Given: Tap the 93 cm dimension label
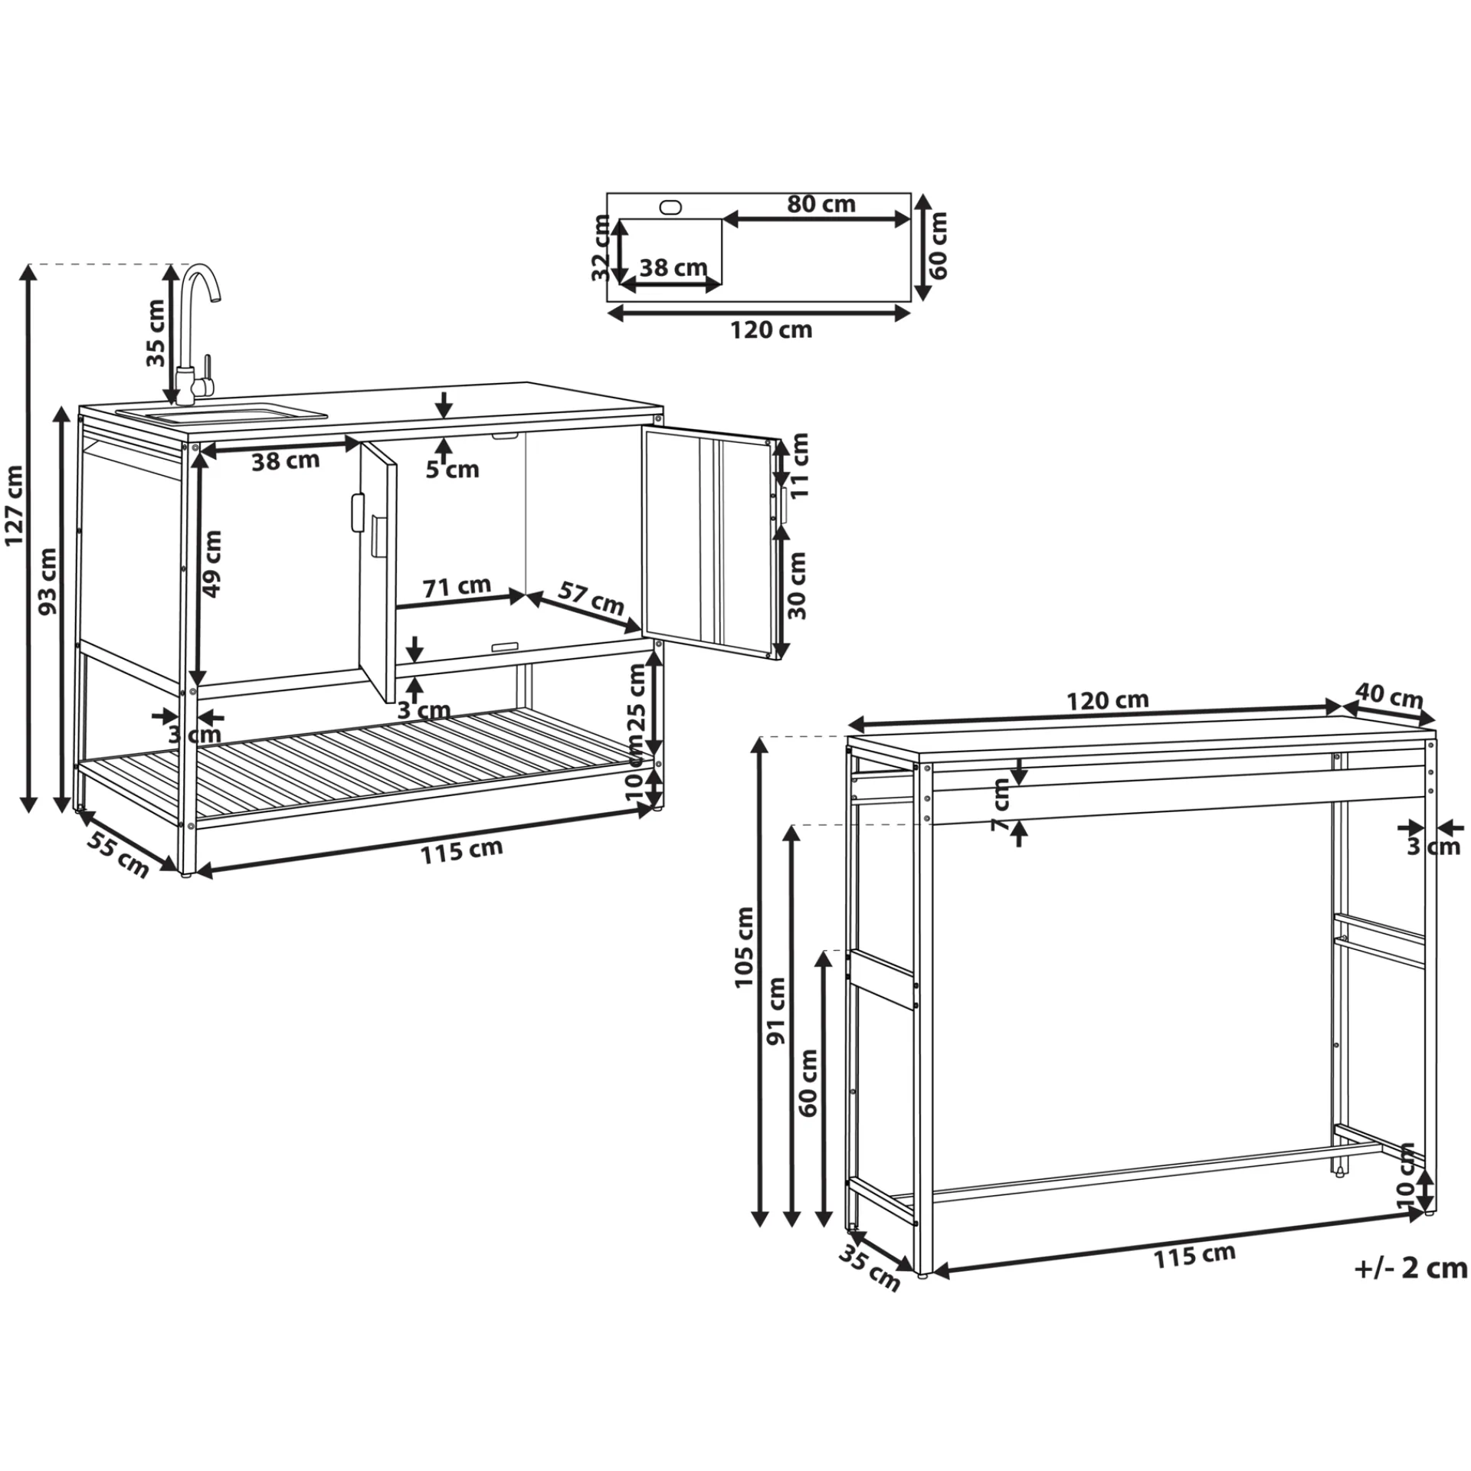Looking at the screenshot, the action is (48, 582).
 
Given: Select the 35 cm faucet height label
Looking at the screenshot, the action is (156, 332).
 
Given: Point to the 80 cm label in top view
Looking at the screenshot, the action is (821, 204).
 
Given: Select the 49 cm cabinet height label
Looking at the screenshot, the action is (211, 564).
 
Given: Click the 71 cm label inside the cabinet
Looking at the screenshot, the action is (457, 586).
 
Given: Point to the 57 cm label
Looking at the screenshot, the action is (591, 598).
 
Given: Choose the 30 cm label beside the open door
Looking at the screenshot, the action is (797, 585).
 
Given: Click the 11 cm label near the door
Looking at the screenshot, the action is (799, 465).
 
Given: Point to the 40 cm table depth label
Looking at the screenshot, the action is (1389, 696).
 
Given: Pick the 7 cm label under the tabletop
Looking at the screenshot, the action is (1001, 805).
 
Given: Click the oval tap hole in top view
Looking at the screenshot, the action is (670, 207).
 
